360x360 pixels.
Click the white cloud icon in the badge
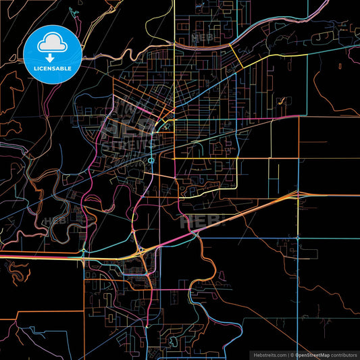tap(53, 44)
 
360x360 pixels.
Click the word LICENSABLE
tap(53, 68)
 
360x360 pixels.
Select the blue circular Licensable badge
tap(53, 53)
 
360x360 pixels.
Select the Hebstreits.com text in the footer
tap(268, 354)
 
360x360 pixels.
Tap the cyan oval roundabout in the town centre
tap(151, 160)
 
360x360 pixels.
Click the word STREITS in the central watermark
tap(124, 143)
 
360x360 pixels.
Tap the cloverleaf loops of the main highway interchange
tap(141, 251)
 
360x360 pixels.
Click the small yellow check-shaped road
tap(280, 102)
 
